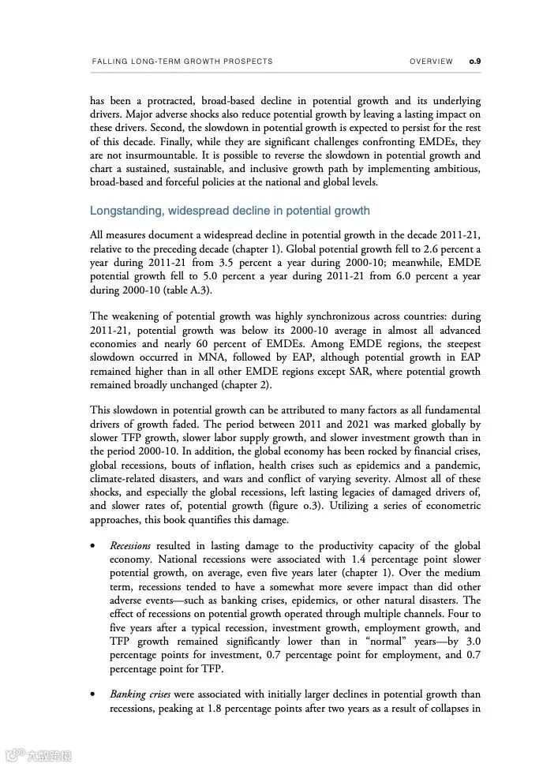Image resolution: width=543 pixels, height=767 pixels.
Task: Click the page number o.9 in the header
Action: click(475, 62)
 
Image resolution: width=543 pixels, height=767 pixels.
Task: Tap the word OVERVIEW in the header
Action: click(432, 62)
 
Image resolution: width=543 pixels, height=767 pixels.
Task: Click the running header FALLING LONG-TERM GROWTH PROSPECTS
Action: click(182, 62)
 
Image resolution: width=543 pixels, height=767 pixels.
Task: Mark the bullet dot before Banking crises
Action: click(94, 695)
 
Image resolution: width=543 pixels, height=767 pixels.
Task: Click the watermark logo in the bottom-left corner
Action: click(38, 755)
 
